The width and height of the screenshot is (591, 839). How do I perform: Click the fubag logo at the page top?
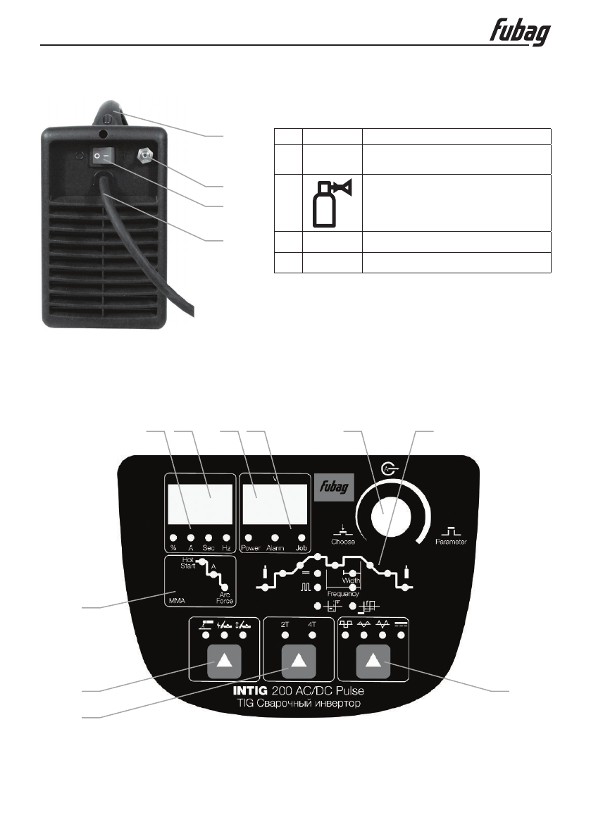pos(520,32)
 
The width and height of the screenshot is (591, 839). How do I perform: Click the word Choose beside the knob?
pos(343,542)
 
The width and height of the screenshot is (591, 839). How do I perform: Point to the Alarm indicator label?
pos(275,547)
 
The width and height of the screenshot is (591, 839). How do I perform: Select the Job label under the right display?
pos(302,547)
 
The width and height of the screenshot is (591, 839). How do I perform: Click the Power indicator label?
pos(250,547)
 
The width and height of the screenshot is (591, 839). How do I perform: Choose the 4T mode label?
pos(312,623)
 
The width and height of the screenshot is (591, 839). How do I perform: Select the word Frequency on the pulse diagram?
pos(342,595)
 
